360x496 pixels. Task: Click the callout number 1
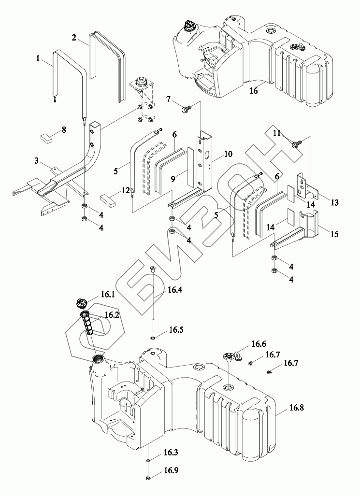click(x=38, y=58)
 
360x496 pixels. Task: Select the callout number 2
click(x=74, y=38)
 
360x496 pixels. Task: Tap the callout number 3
click(x=37, y=161)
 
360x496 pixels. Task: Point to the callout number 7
click(x=169, y=100)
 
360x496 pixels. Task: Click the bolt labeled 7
click(x=185, y=110)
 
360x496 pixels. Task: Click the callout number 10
click(x=228, y=155)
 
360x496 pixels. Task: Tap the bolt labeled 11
click(x=295, y=144)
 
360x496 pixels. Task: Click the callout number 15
click(x=334, y=234)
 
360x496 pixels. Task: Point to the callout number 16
click(x=253, y=91)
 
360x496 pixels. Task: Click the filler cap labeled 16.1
click(x=82, y=303)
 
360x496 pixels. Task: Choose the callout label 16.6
click(x=259, y=343)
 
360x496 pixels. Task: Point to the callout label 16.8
click(x=296, y=408)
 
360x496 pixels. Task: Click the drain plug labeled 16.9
click(x=148, y=478)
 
